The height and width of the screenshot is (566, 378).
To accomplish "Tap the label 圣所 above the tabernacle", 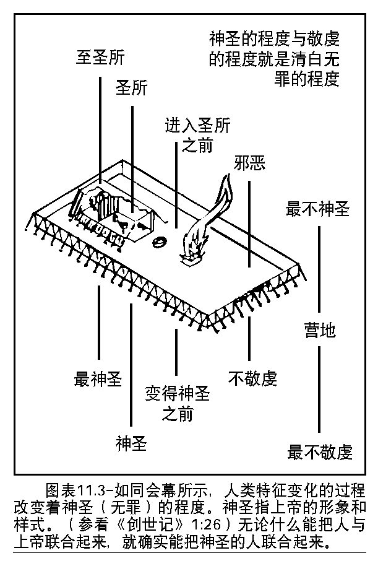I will [132, 88].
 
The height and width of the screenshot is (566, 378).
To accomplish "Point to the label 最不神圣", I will [318, 209].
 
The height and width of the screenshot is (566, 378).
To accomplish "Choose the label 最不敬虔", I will [320, 452].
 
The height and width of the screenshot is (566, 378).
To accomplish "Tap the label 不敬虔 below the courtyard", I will [252, 378].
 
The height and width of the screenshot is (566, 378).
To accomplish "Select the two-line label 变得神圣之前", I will [178, 403].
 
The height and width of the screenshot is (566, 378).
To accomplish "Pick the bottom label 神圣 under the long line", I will [131, 443].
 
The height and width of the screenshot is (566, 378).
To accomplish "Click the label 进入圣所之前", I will [197, 136].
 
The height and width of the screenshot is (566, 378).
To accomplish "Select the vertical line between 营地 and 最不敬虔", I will [319, 387].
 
